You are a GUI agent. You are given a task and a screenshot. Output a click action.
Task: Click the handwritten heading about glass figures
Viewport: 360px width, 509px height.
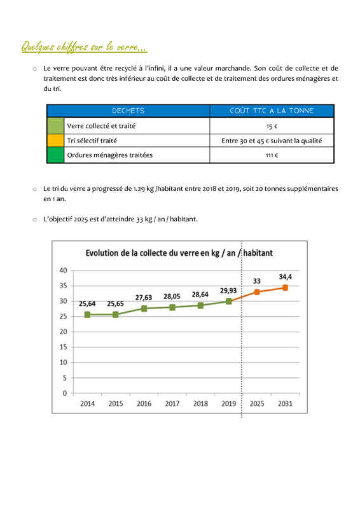pos(84,46)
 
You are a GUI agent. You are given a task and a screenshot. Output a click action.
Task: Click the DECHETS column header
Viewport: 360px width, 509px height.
pos(128,111)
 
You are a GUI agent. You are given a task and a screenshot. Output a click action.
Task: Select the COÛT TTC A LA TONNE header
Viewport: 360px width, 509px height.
pos(272,111)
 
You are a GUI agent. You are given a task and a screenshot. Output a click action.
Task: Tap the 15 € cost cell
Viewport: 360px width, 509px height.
pos(272,126)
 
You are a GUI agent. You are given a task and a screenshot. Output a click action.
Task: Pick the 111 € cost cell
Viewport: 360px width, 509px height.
pos(272,155)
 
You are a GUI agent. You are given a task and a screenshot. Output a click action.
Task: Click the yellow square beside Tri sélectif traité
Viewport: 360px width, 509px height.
pos(55,140)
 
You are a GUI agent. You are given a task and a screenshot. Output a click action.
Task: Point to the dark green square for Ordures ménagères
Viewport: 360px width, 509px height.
pos(55,155)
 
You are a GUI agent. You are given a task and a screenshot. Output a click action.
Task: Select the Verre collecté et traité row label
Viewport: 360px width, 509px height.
pos(101,125)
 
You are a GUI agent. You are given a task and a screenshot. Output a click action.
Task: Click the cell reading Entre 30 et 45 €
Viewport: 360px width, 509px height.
pos(272,141)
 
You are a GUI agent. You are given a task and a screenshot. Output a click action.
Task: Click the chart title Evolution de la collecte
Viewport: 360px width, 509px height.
pos(179,253)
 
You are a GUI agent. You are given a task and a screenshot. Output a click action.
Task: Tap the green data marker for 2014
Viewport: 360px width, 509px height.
pos(87,314)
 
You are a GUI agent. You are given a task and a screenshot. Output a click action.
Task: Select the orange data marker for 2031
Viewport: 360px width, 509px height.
pos(285,288)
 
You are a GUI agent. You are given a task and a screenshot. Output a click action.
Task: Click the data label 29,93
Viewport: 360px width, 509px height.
pos(228,291)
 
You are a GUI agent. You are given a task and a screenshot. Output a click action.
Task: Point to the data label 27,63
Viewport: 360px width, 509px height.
pos(144,297)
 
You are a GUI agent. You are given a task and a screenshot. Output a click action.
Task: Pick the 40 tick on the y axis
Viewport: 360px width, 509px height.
pos(64,270)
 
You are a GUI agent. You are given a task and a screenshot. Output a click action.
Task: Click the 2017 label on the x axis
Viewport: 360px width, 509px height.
pos(172,403)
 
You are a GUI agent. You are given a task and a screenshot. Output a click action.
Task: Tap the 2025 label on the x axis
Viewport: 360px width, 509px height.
pos(257,403)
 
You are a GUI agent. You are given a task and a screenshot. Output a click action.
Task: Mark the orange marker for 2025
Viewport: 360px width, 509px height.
pos(257,292)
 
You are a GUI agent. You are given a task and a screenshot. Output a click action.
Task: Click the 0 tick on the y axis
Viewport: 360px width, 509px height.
pos(65,393)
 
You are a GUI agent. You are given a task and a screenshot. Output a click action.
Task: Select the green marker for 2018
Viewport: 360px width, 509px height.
pos(200,305)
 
